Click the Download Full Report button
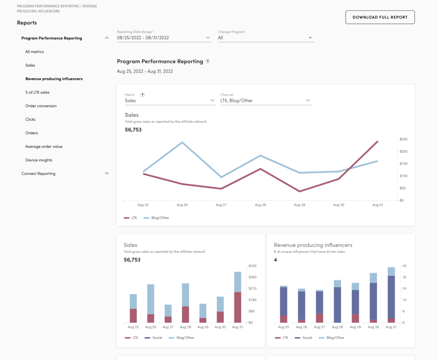coord(380,17)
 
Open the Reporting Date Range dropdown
coord(164,38)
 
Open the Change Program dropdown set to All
coord(265,38)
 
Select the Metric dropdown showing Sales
coord(170,101)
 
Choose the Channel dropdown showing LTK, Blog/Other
coord(265,101)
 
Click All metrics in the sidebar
coord(35,52)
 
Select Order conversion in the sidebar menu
coord(41,106)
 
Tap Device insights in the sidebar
coord(39,160)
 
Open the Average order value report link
coord(44,147)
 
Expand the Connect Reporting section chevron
coord(107,173)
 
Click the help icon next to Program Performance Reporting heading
coord(208,61)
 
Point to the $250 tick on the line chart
coord(403,139)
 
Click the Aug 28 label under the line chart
coord(260,205)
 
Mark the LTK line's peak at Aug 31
coord(378,141)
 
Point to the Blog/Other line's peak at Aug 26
coord(182,142)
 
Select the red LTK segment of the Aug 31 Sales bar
coord(237,307)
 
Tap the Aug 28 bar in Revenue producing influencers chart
coord(337,301)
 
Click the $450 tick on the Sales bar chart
coord(252,266)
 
